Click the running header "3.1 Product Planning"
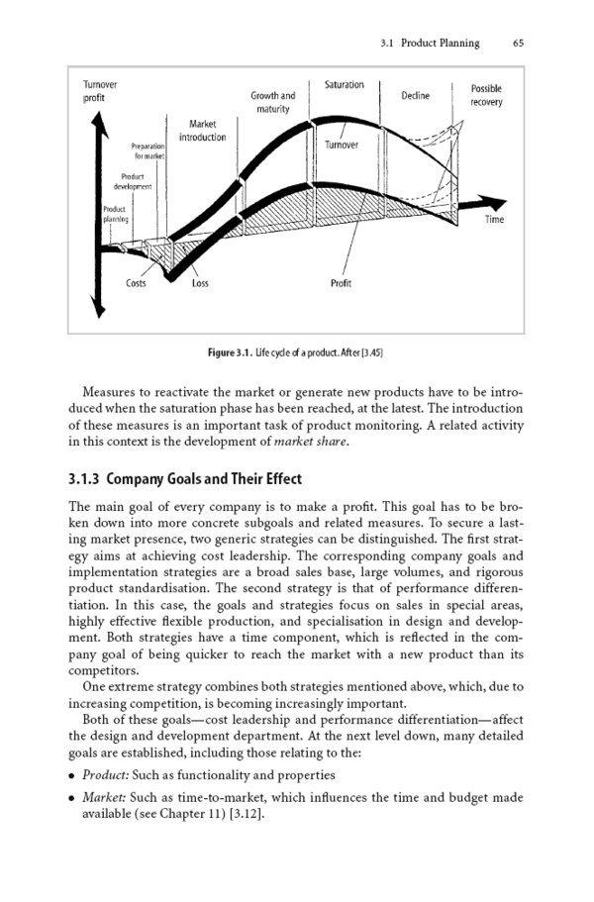tap(430, 43)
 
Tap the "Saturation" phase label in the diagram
tap(344, 85)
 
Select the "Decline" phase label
tap(415, 96)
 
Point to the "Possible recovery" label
tap(486, 95)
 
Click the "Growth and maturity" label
tap(272, 102)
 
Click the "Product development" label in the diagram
tap(132, 181)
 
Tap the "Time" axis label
tap(494, 220)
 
